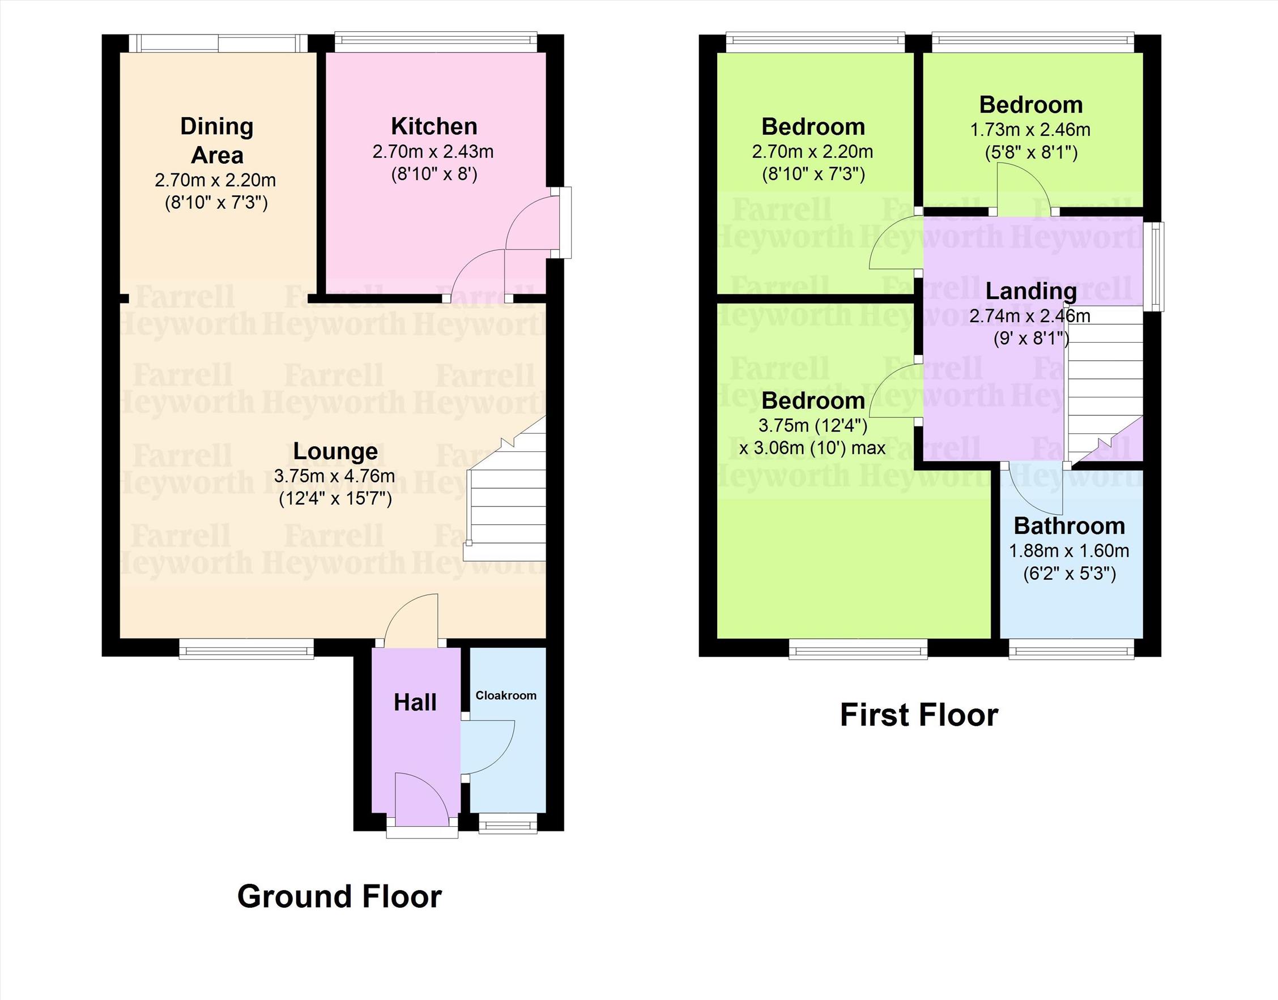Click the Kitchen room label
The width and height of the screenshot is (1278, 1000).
tap(434, 126)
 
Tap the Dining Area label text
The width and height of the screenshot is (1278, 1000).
tap(217, 140)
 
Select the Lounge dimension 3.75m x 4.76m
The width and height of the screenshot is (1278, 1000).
tap(334, 476)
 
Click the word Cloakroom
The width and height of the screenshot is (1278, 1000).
tap(506, 695)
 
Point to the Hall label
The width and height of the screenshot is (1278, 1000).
tap(415, 702)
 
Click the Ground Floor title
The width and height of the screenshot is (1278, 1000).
tap(340, 896)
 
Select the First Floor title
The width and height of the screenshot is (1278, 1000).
tap(919, 715)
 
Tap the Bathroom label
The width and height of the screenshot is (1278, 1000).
tap(1070, 525)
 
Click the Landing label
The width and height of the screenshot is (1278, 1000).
tap(1031, 291)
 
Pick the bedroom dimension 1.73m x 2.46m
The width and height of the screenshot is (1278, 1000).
tap(1030, 130)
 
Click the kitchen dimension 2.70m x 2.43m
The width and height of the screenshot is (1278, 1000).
tap(433, 152)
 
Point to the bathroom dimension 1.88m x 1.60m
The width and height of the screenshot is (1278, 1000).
tap(1069, 551)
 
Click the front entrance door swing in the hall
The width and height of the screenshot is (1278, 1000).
tap(421, 799)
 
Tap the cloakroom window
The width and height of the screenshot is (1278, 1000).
tap(507, 823)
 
